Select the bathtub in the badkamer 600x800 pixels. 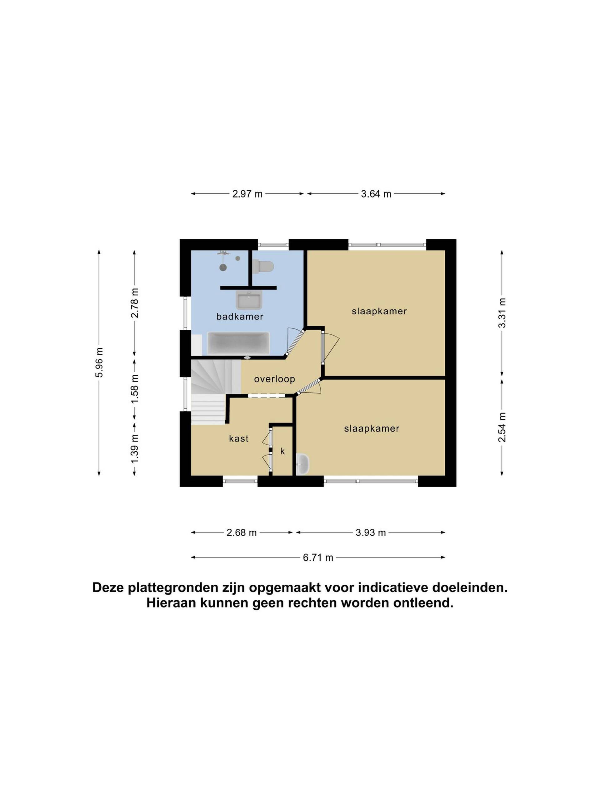point(238,343)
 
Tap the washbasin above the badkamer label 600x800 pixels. point(248,300)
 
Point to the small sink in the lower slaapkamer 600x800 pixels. point(302,464)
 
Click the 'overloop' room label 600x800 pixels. point(274,379)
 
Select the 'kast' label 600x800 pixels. point(239,438)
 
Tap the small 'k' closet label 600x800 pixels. point(282,451)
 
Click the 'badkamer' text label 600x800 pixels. point(240,317)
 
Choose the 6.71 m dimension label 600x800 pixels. point(318,557)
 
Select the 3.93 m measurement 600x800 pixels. point(371,532)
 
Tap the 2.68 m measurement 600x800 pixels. point(242,532)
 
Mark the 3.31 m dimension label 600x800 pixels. point(502,313)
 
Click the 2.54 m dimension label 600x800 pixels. point(502,427)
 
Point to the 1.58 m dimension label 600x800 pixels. point(135,389)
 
